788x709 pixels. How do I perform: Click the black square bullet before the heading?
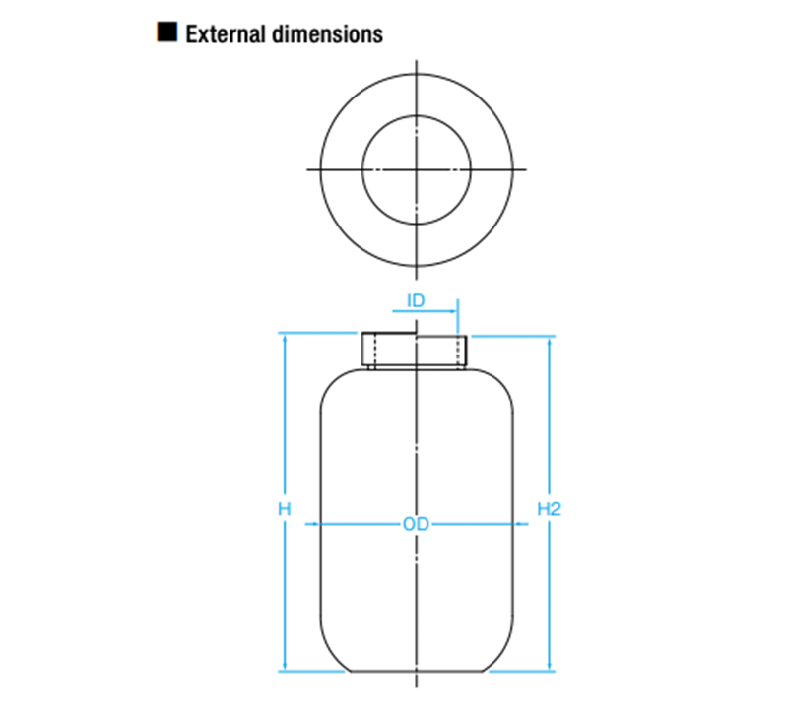click(167, 32)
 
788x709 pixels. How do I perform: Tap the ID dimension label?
click(416, 299)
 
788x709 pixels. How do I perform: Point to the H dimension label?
click(284, 509)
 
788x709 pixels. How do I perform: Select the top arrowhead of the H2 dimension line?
click(549, 340)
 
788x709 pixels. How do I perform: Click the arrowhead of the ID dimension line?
click(454, 313)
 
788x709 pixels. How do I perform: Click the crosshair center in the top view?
click(418, 169)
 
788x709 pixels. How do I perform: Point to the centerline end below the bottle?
click(418, 686)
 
